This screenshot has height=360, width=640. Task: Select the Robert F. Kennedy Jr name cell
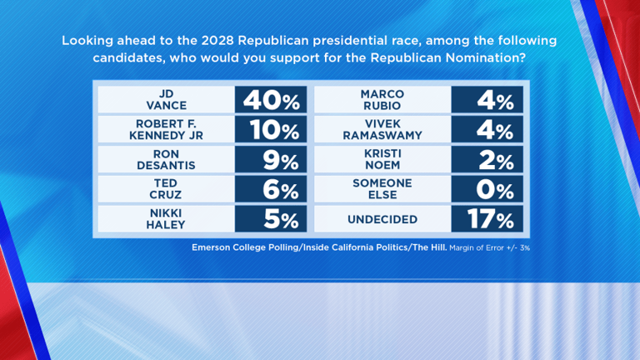click(166, 130)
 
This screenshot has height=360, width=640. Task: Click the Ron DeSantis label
click(166, 160)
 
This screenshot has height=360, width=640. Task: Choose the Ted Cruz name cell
click(166, 190)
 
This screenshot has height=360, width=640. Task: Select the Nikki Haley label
click(166, 220)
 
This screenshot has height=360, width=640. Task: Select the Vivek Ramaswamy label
click(381, 130)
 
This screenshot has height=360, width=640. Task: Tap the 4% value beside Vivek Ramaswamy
click(487, 130)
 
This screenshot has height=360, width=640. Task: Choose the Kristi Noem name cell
click(381, 160)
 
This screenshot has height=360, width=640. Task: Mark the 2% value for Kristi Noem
click(487, 160)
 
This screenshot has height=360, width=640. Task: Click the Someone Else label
click(381, 190)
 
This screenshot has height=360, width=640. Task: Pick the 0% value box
click(487, 190)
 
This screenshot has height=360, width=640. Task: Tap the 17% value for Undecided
click(487, 220)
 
